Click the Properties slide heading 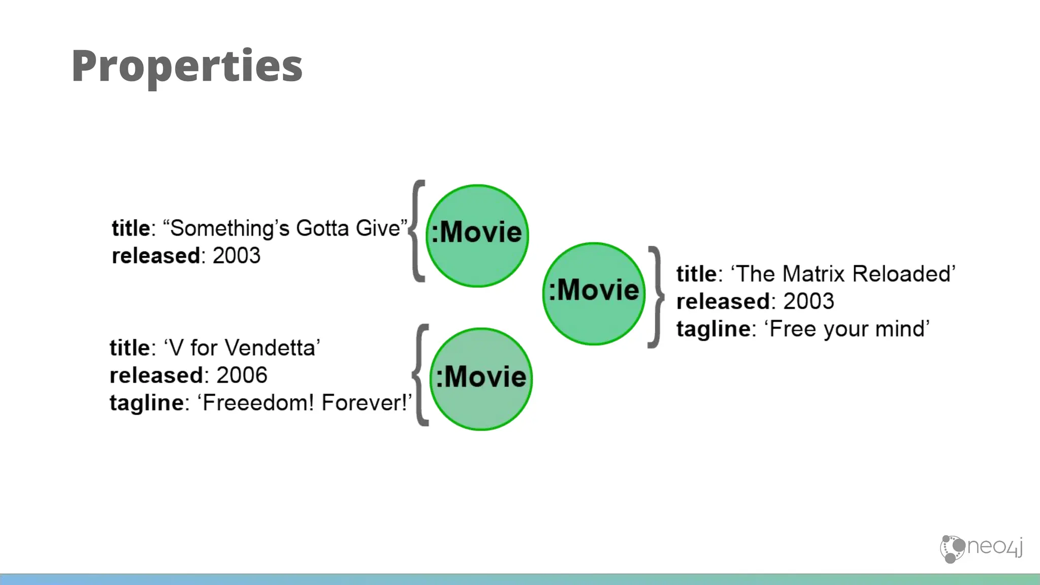(x=187, y=66)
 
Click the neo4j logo (x=981, y=548)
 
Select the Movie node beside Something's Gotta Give (x=477, y=236)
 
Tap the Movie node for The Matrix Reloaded (x=594, y=294)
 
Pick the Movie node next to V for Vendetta (x=481, y=379)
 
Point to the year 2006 (x=242, y=376)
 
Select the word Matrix (x=814, y=274)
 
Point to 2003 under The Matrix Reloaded (x=808, y=302)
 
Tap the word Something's (x=230, y=229)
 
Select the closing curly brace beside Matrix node (x=656, y=297)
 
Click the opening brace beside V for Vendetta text (x=421, y=375)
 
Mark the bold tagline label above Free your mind (x=713, y=329)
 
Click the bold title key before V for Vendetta (x=129, y=348)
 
